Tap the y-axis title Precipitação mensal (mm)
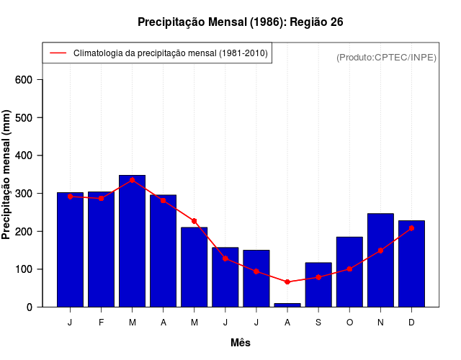tap(7, 174)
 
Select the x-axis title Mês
tap(241, 343)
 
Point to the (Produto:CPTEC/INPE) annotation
tap(386, 57)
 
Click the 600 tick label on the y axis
tap(24, 79)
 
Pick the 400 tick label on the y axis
tap(24, 156)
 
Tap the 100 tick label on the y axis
tap(24, 269)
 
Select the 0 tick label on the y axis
tap(30, 307)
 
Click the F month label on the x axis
tap(101, 323)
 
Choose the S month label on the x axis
tap(318, 323)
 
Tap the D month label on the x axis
tap(411, 323)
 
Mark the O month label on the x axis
tap(349, 323)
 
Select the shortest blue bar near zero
tap(287, 305)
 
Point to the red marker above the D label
tap(411, 228)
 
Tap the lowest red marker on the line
tap(287, 282)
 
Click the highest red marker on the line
tap(133, 180)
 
